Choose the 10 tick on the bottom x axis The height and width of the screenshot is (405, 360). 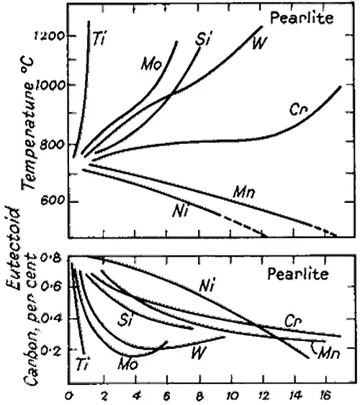tap(233, 394)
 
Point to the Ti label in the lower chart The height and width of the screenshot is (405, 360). tap(81, 365)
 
